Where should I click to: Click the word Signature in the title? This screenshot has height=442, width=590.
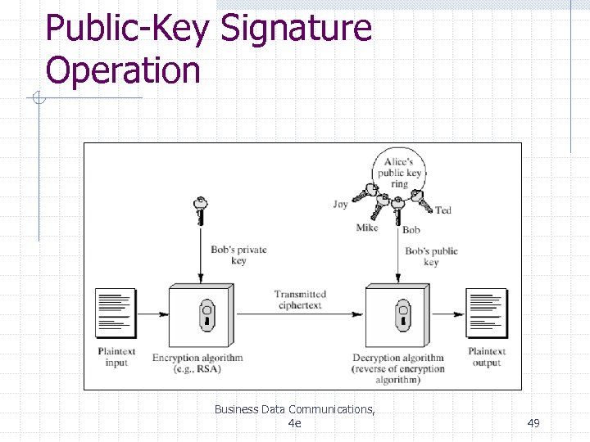[x=297, y=29]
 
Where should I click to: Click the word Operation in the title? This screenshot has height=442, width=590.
[x=123, y=70]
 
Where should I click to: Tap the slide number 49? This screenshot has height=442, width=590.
[x=533, y=422]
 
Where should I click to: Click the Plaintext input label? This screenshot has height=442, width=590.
[x=116, y=357]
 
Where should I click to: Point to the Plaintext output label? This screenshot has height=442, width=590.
[x=487, y=357]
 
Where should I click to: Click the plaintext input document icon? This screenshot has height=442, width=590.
[x=116, y=313]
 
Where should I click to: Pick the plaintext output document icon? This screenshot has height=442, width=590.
[x=487, y=313]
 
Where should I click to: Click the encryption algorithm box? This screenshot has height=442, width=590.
[x=202, y=315]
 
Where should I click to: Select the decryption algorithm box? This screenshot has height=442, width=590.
[x=397, y=315]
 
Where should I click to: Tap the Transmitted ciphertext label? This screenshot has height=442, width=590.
[x=300, y=300]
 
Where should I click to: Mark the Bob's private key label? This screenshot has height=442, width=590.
[x=238, y=255]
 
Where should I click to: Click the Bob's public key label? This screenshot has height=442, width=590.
[x=431, y=256]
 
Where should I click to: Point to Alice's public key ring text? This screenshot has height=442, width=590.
[x=399, y=173]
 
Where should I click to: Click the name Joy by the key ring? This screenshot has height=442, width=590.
[x=340, y=204]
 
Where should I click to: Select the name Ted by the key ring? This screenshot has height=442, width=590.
[x=442, y=210]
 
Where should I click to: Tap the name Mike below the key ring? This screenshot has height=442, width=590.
[x=367, y=228]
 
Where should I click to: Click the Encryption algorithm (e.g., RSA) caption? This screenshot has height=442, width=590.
[x=197, y=363]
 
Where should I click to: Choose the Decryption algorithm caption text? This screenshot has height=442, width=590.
[x=398, y=368]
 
